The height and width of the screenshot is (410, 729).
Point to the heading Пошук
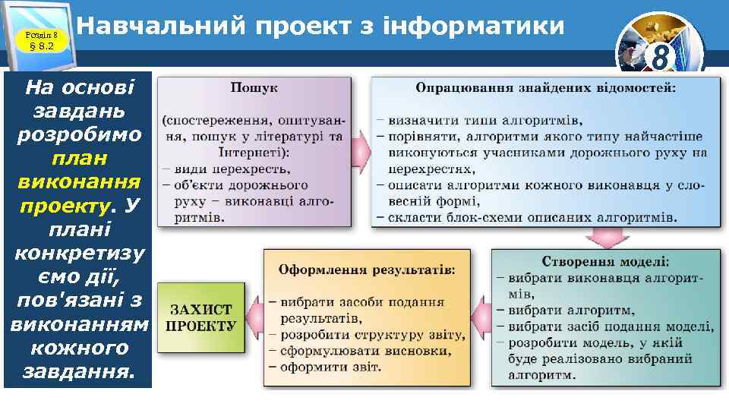pyautogui.click(x=254, y=88)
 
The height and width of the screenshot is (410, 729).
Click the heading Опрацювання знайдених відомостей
pyautogui.click(x=545, y=88)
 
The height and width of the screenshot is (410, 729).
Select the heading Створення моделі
pyautogui.click(x=605, y=261)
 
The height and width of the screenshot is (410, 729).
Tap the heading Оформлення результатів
pyautogui.click(x=367, y=270)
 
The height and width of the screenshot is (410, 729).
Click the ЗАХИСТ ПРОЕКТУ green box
pyautogui.click(x=200, y=318)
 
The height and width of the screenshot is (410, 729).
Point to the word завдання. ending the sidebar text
pyautogui.click(x=79, y=371)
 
